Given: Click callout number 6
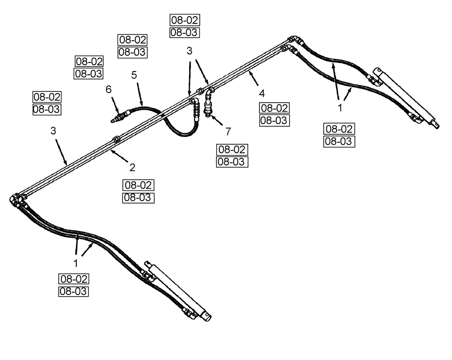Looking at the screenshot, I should [108, 90].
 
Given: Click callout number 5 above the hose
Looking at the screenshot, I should [134, 75].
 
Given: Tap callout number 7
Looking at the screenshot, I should [228, 132].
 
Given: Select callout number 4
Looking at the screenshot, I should [262, 94].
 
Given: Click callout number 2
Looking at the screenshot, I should [132, 168].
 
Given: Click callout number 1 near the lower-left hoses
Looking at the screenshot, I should [76, 262].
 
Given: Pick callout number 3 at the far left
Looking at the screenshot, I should [53, 132].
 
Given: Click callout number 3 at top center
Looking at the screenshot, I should [190, 52].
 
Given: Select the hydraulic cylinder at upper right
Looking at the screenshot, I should [405, 99].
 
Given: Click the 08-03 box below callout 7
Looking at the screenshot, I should [233, 162].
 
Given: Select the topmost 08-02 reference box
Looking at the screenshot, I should [184, 20].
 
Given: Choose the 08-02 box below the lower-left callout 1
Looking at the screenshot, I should [73, 279].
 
